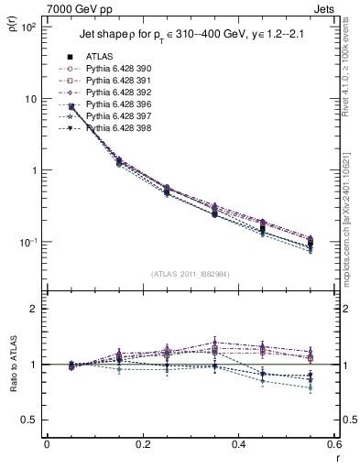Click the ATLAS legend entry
click(x=99, y=56)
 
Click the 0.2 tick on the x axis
click(x=142, y=446)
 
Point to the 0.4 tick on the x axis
click(x=238, y=446)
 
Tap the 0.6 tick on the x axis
click(x=333, y=446)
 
